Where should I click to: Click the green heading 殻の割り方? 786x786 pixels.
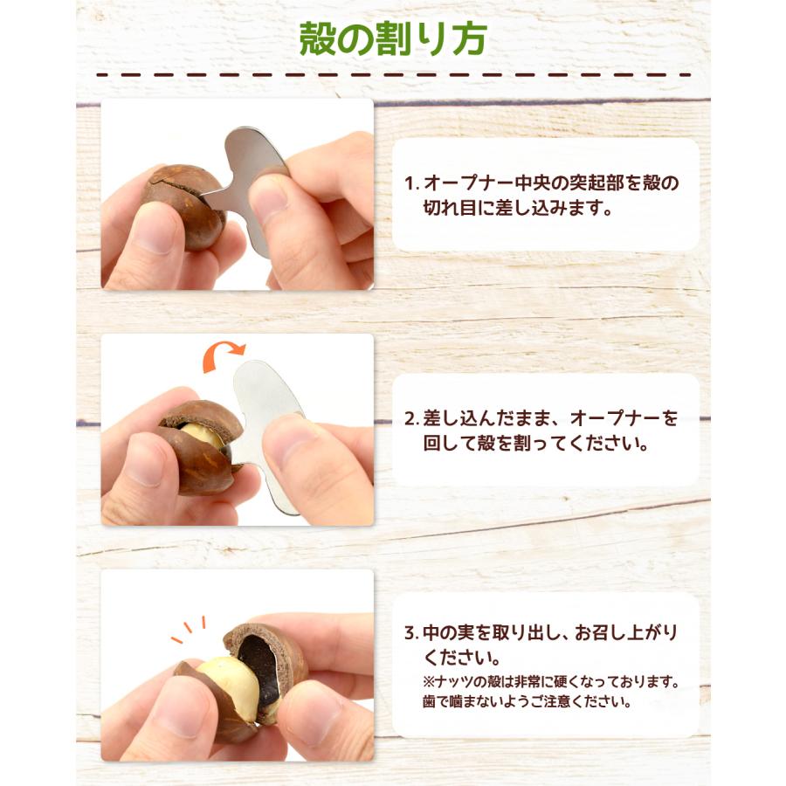(x=393, y=40)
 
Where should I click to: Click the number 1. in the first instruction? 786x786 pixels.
(x=411, y=184)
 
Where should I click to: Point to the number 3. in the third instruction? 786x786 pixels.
(x=411, y=632)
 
